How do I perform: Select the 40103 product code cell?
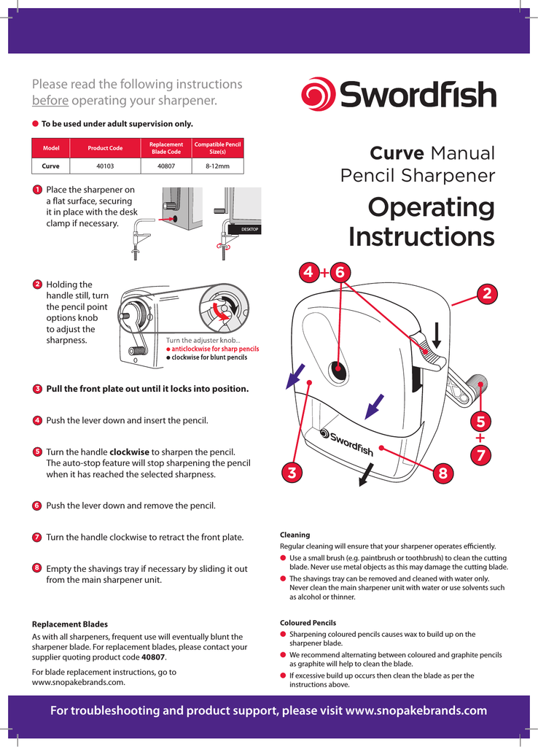click(x=105, y=166)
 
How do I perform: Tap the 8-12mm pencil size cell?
click(x=217, y=166)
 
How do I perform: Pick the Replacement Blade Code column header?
click(x=165, y=148)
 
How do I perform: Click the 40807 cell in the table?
click(x=165, y=166)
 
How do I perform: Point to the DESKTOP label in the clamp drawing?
click(x=245, y=230)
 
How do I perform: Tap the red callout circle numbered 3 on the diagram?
click(x=292, y=473)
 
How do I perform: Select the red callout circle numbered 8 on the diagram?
click(x=443, y=473)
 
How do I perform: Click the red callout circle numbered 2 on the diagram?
click(x=486, y=293)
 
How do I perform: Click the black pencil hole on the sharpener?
click(x=338, y=372)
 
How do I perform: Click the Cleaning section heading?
click(x=295, y=535)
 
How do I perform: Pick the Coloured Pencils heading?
click(x=308, y=623)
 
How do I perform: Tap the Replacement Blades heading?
click(x=70, y=624)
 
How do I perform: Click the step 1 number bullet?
click(x=36, y=190)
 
